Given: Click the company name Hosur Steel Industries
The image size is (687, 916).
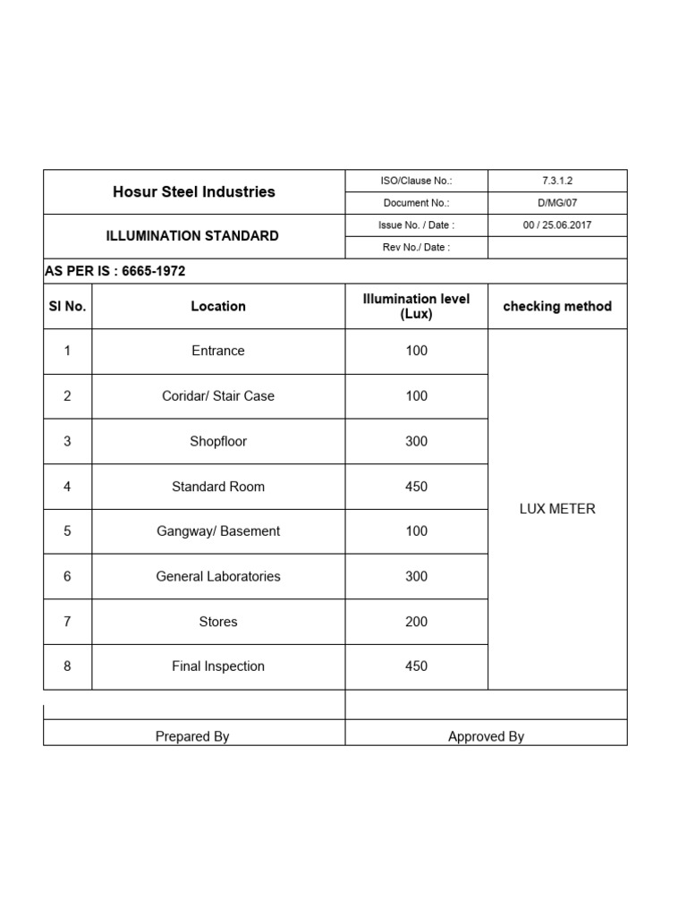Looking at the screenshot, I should point(194,191).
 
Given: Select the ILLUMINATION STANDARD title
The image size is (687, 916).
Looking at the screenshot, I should point(192,236).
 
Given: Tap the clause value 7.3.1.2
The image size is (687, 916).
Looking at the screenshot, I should point(556,181).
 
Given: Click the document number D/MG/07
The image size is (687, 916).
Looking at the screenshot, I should point(556,203).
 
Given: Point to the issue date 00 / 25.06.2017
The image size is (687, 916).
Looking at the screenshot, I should point(556,225).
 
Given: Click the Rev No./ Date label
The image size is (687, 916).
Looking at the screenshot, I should point(416,248).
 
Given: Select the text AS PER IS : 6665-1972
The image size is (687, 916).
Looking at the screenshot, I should point(115,271).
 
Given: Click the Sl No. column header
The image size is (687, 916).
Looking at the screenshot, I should point(67,306).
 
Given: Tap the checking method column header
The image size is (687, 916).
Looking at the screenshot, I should point(557,306).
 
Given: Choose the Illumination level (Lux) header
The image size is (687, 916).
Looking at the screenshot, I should point(416,306).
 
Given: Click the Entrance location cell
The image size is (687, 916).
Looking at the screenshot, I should point(217,351).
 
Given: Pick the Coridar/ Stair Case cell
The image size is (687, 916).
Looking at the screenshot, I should point(217,395).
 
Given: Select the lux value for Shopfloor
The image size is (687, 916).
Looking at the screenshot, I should point(416,441).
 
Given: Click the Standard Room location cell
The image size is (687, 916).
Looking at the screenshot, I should point(217,487).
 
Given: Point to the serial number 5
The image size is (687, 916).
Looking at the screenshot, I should point(67,531).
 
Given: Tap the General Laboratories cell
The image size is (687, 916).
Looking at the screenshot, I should point(217,576).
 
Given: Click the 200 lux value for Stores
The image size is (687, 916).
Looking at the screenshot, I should point(416,622).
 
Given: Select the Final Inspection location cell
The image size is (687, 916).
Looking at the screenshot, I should point(217,666).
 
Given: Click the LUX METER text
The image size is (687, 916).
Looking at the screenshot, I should point(557,509).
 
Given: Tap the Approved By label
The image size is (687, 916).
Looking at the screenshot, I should point(486,736).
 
